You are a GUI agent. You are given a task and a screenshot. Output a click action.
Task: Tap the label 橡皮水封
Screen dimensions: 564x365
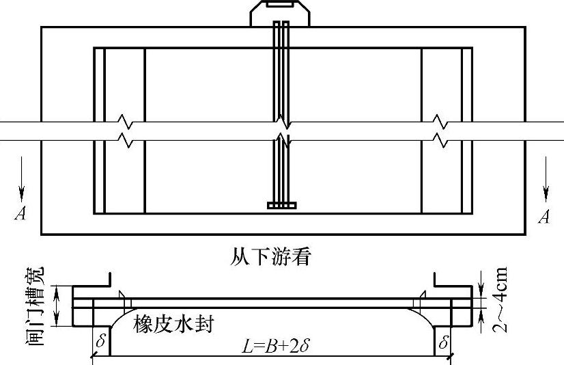click(x=173, y=323)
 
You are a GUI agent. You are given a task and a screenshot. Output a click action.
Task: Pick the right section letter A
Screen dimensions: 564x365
click(x=544, y=217)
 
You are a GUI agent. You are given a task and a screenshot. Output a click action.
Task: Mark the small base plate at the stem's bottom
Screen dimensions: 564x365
click(x=281, y=205)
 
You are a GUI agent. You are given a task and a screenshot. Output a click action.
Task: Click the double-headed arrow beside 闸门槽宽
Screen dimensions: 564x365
click(x=59, y=305)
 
